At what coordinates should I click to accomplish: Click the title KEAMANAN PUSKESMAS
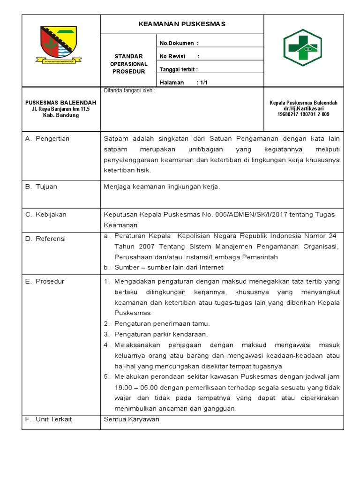pos(182,24)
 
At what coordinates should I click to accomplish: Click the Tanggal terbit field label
pos(179,69)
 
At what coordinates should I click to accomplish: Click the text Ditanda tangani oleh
pos(129,91)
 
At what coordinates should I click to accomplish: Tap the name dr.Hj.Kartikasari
pos(303,108)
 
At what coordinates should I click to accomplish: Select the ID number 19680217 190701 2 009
pos(303,114)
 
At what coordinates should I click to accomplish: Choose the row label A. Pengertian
pos(47,139)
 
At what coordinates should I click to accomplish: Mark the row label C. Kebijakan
pos(45,215)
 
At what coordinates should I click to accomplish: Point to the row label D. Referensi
pos(45,239)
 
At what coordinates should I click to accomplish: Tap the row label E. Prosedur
pos(45,282)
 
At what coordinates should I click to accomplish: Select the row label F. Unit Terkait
pos(48,419)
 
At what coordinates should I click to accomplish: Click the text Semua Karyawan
pos(131,419)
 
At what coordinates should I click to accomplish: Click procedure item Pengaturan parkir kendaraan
pos(160,334)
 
